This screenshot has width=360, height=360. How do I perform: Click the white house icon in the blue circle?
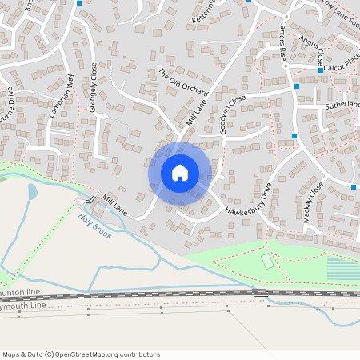179,173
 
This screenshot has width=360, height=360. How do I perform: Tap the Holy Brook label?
94,225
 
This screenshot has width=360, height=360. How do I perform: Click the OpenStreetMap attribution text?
82,354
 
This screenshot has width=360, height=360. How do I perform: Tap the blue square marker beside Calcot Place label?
320,70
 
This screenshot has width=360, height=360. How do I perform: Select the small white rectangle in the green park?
266,261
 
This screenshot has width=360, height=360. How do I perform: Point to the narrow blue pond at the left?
32,192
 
